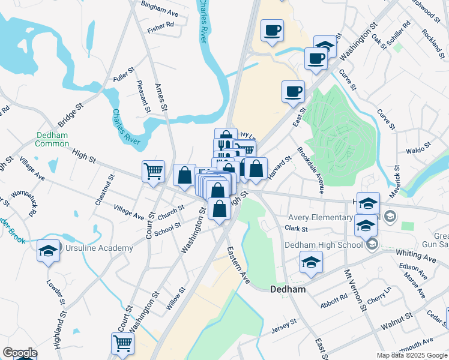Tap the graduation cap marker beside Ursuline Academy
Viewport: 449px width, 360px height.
tap(48, 251)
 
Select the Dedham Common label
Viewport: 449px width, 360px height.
tap(52, 139)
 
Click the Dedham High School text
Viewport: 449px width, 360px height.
tap(324, 244)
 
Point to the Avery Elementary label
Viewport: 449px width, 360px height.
tap(321, 217)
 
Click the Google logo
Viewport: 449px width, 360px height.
tap(20, 353)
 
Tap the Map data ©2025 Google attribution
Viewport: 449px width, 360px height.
tap(412, 355)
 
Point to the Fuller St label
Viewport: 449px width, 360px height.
tap(122, 76)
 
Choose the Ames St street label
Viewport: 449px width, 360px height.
tap(160, 97)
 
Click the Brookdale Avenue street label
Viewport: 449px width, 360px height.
tap(310, 170)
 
